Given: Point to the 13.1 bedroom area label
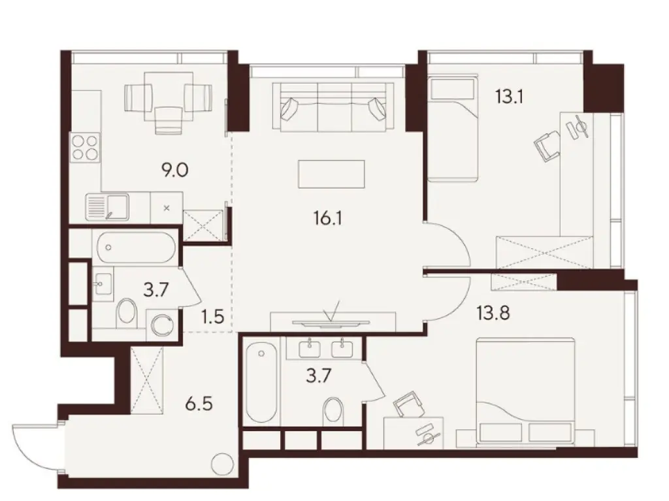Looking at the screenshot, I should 511,98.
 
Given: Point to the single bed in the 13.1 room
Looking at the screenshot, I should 452,129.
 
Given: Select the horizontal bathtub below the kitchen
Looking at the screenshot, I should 135,248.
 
